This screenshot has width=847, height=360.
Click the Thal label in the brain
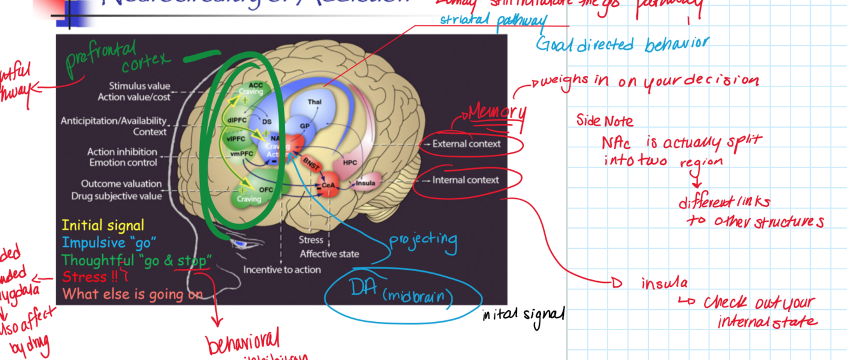click(314, 102)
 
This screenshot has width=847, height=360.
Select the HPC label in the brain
click(350, 163)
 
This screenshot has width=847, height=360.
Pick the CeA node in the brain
click(328, 185)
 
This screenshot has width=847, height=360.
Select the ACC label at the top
click(255, 84)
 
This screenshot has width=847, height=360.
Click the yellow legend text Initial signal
click(103, 225)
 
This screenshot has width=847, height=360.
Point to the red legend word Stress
click(85, 277)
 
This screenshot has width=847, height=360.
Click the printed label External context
click(467, 144)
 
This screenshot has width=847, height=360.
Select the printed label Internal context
click(466, 180)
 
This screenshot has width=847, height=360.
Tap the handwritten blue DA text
click(364, 287)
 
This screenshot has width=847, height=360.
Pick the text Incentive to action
click(282, 270)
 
